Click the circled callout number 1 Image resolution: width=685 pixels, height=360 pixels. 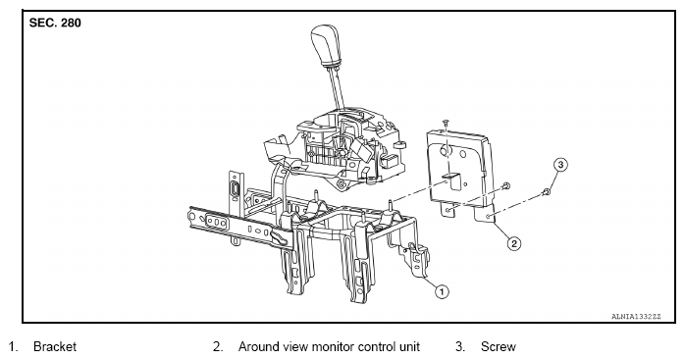tap(442, 291)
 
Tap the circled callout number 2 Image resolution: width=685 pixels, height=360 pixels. tap(514, 243)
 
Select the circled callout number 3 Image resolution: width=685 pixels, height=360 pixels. tap(560, 165)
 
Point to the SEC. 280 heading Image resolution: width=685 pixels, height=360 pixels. tap(55, 23)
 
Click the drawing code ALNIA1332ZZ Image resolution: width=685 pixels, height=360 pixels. tap(637, 316)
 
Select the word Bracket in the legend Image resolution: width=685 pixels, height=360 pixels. tap(55, 347)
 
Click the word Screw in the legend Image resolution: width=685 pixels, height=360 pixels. tap(499, 347)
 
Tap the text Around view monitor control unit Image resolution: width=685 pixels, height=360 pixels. tap(329, 347)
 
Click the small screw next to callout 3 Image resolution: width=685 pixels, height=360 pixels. tap(546, 191)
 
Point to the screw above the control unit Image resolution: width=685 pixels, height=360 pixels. tap(446, 124)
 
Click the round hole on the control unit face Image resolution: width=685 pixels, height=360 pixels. tap(445, 151)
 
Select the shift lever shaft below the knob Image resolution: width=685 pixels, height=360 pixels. tap(337, 86)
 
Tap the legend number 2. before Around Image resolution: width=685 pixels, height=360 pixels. tap(218, 347)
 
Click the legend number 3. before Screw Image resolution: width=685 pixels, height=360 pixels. tap(460, 347)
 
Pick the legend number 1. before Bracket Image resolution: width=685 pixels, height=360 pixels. tap(13, 347)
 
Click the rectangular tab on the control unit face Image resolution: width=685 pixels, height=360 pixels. tap(451, 180)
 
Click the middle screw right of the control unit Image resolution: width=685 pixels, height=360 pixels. tap(505, 186)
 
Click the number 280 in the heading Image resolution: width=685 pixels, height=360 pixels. tap(71, 23)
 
